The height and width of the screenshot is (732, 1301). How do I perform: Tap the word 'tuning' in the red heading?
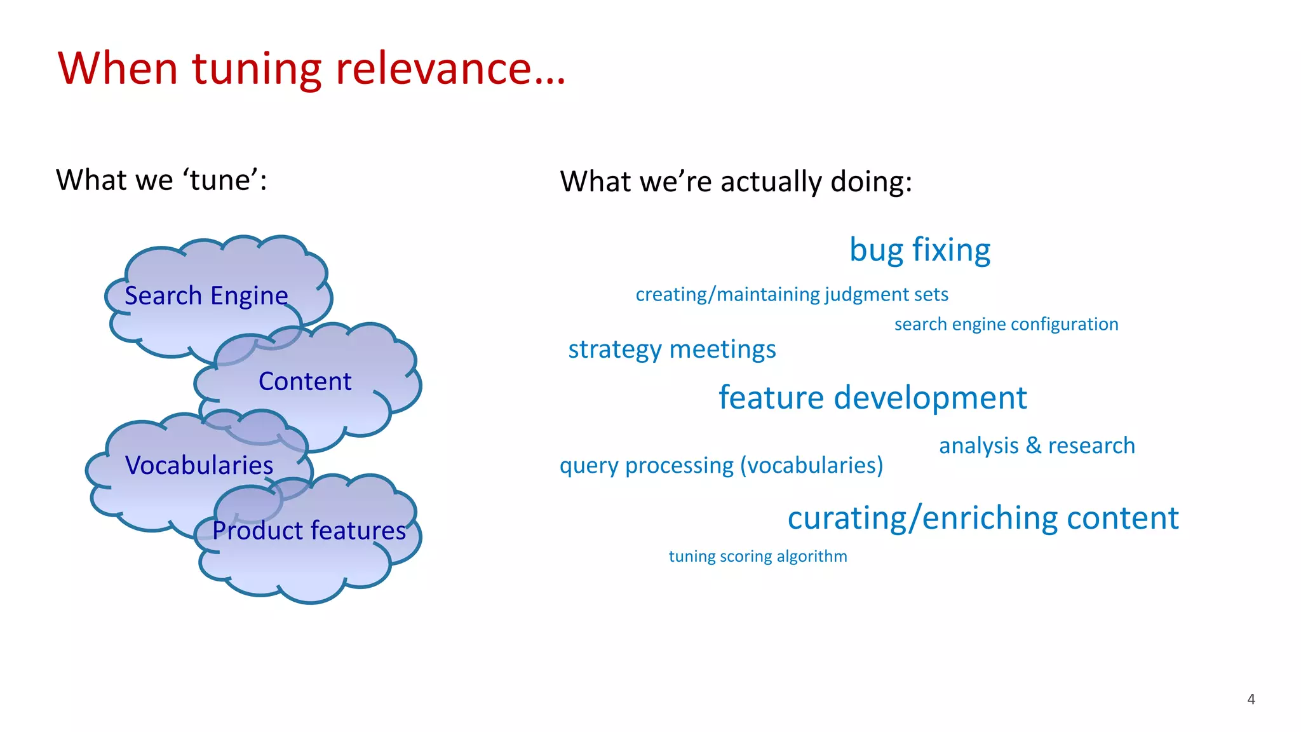point(257,69)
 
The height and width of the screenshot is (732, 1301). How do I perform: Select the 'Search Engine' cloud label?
point(206,296)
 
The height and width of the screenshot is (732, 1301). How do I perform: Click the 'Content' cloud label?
point(305,381)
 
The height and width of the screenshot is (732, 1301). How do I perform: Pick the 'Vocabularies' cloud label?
point(199,465)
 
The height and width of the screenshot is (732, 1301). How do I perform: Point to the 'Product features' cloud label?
point(309,530)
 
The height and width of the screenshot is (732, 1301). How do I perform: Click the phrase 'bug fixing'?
point(920,250)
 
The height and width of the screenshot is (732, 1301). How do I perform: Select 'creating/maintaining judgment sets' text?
point(792,294)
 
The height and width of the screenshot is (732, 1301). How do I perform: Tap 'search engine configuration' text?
point(1006,324)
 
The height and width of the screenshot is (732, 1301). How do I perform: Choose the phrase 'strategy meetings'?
point(672,349)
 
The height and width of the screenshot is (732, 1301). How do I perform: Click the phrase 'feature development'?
point(872,398)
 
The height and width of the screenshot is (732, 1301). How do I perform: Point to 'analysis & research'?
point(1037,445)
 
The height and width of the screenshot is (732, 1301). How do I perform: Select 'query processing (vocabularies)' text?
point(721,465)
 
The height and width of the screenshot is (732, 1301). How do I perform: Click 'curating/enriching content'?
point(983,518)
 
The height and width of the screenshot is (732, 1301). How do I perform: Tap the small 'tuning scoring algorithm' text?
point(758,556)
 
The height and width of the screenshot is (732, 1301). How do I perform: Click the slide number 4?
point(1251,699)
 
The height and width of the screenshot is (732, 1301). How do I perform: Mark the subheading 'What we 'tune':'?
point(161,180)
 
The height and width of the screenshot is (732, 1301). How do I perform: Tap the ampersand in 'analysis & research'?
point(1034,445)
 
